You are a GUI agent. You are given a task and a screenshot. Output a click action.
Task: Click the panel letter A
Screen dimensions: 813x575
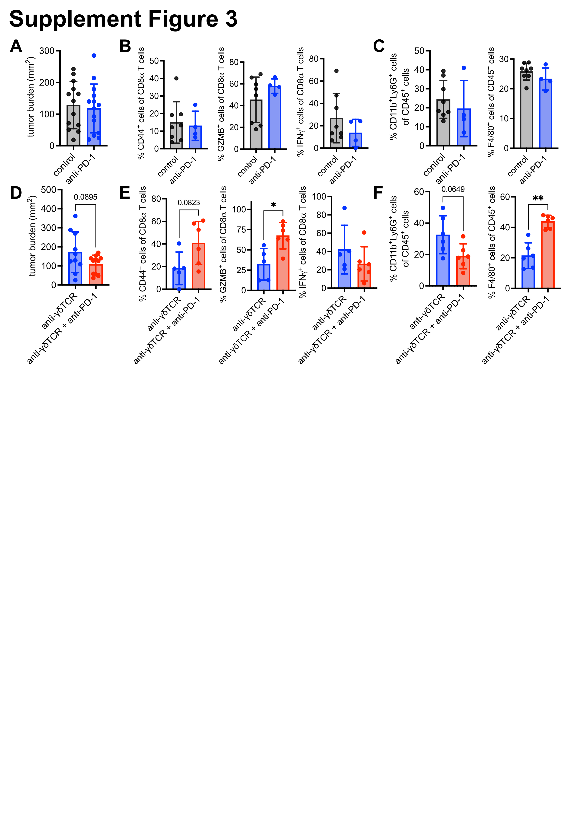16,46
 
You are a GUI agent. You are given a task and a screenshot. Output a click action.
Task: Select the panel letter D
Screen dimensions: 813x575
16,193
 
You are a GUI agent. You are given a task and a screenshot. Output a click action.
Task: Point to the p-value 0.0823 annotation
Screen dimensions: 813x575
189,203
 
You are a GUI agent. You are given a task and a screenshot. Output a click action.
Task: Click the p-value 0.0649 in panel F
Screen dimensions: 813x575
453,189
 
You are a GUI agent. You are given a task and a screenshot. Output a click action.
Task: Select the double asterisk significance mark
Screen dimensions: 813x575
538,198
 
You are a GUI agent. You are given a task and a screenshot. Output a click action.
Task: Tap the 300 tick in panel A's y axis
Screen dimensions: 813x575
47,51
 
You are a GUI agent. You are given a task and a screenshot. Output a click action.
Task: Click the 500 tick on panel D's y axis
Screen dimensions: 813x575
48,190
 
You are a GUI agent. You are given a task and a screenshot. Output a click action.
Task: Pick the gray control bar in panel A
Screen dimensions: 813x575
73,126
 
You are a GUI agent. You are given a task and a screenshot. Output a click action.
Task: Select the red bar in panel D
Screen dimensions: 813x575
95,275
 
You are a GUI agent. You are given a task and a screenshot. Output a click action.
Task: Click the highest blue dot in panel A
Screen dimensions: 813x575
94,56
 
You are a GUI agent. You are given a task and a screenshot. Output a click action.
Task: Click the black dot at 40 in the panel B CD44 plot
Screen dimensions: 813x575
176,78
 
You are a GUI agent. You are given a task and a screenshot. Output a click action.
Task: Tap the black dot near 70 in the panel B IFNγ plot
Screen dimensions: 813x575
336,71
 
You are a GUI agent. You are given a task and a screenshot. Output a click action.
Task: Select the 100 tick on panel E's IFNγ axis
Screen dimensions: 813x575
319,197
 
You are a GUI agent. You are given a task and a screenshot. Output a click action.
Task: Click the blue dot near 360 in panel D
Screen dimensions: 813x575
75,216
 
